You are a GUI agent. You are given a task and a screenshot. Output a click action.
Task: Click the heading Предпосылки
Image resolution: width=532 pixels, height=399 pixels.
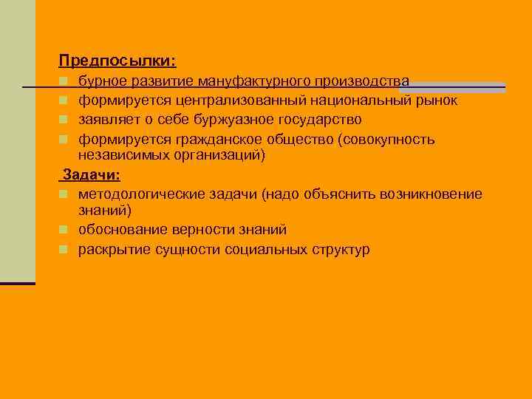click(117, 60)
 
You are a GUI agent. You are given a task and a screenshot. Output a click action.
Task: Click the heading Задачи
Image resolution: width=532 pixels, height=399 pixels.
click(93, 175)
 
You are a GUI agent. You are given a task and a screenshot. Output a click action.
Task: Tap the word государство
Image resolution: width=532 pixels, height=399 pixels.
click(319, 119)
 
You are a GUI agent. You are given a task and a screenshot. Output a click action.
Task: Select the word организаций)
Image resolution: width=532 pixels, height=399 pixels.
click(218, 156)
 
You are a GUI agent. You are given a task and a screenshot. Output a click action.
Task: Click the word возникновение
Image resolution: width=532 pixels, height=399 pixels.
click(430, 194)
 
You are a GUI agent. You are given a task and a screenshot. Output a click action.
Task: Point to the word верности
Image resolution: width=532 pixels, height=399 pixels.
click(200, 230)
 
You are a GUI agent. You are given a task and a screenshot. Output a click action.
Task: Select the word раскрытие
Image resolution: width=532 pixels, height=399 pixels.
click(115, 249)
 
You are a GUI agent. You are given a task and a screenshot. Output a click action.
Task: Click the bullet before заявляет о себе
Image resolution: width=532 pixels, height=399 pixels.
click(64, 120)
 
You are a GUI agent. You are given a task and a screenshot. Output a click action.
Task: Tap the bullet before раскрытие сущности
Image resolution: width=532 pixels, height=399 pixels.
click(64, 250)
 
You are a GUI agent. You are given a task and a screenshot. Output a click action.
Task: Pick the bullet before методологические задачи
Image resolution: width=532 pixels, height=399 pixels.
click(64, 195)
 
